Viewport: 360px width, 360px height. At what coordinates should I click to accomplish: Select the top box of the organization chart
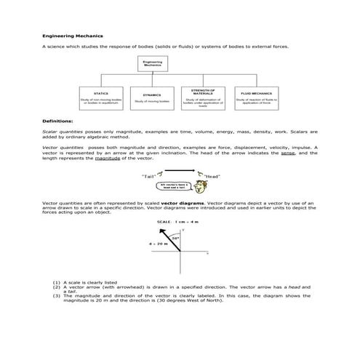[152, 64]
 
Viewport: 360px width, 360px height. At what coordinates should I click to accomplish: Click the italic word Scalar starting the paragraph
[50, 132]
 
